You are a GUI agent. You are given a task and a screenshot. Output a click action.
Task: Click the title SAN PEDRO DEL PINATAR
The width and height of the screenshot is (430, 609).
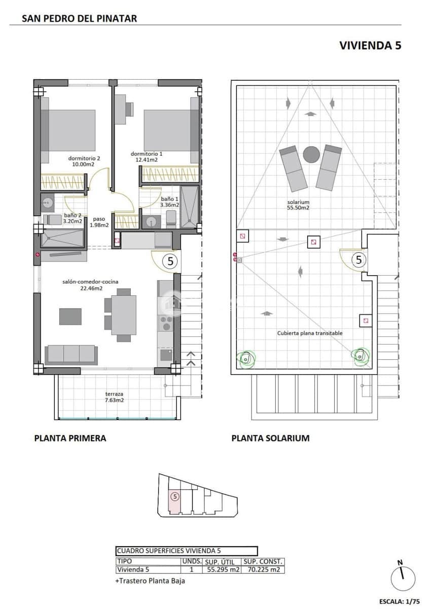point(80,19)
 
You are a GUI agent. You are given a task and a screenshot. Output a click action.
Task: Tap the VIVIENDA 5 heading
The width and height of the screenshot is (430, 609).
point(370,45)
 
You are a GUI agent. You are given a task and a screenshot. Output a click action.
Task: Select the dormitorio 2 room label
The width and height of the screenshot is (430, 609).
point(84,158)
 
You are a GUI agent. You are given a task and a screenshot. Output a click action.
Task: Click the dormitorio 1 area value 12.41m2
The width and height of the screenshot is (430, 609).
point(147,160)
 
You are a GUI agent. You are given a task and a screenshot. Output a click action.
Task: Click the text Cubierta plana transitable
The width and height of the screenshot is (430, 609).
point(310,333)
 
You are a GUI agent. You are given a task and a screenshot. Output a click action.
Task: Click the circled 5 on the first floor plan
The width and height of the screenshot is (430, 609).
point(170,262)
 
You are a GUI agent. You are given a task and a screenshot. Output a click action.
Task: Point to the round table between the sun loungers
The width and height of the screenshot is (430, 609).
point(311,154)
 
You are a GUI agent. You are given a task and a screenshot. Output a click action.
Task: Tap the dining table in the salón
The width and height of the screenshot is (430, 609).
point(124,314)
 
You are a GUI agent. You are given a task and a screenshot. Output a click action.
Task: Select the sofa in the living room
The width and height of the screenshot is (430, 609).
point(71,354)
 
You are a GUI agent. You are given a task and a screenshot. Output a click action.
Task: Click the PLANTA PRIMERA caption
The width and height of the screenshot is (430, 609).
point(70,438)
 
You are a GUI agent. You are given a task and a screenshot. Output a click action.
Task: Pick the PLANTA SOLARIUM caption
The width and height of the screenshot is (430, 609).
point(270,438)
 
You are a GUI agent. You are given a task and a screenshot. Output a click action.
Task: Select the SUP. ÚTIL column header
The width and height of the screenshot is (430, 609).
point(222,562)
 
